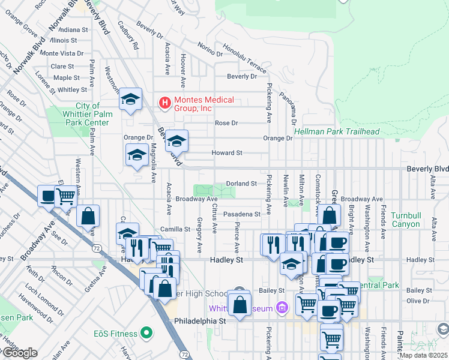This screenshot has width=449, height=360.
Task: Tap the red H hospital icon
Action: coord(164,104)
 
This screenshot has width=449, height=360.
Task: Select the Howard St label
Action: coord(226,153)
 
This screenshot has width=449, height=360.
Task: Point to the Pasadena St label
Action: coord(241,214)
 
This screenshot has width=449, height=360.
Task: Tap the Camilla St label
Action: coord(175,229)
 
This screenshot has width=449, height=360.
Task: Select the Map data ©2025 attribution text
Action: coord(424,355)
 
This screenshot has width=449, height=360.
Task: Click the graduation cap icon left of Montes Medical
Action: coord(130,100)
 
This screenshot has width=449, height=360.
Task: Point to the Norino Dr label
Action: coord(206,50)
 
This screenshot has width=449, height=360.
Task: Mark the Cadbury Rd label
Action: coord(128,36)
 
